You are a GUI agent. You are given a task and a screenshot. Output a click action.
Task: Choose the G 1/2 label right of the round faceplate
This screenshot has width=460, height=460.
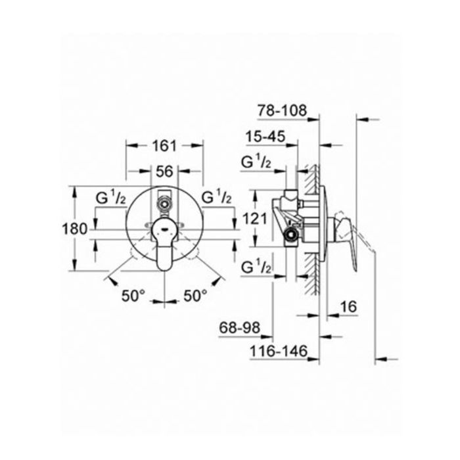coord(216,196)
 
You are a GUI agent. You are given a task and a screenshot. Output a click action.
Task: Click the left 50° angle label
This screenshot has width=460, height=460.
coord(133,296)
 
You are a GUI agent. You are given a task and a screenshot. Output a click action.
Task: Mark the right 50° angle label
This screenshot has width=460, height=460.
coord(195,296)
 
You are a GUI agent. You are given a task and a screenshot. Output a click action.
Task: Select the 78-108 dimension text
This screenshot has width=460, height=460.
coord(282,111)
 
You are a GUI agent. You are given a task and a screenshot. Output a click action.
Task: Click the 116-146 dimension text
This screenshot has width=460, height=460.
coord(278,353)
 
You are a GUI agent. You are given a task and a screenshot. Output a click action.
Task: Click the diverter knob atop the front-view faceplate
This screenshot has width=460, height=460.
coord(164,202)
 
